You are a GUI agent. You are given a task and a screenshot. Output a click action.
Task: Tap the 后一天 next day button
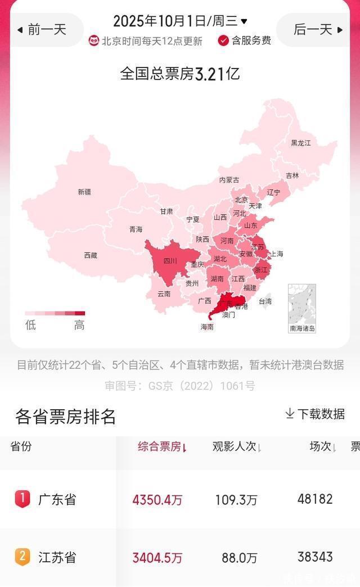(318, 29)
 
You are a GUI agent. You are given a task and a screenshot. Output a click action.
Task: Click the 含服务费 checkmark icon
(223, 40)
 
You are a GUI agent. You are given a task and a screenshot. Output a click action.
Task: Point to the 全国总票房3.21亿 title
(180, 74)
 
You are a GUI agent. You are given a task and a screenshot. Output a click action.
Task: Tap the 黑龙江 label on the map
(300, 143)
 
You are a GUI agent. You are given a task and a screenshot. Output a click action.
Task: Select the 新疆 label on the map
(84, 192)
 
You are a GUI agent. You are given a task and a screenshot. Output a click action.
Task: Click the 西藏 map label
(91, 255)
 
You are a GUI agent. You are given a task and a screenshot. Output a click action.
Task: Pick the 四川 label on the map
(170, 261)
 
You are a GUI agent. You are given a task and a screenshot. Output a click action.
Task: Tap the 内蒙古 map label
(229, 180)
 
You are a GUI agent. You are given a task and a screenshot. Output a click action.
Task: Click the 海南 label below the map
(207, 327)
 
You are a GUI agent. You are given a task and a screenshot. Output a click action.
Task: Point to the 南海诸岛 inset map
(302, 308)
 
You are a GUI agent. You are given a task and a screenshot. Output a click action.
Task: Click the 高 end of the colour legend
(79, 324)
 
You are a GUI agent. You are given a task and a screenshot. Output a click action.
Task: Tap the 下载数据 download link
(315, 414)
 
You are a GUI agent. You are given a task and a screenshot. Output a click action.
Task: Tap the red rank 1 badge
(22, 499)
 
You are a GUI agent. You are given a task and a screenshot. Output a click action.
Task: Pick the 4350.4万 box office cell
(157, 500)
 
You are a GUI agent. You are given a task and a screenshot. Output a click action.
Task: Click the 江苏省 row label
(57, 558)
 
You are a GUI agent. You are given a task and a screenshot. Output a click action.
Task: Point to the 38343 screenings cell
(315, 557)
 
